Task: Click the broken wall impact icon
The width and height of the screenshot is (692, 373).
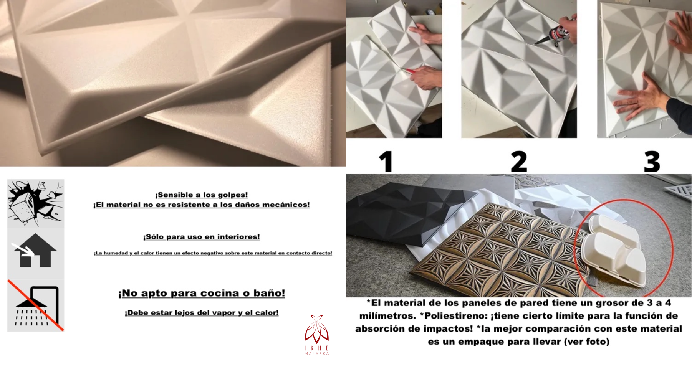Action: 35,203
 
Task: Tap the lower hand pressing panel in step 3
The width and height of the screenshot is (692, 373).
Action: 637,98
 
